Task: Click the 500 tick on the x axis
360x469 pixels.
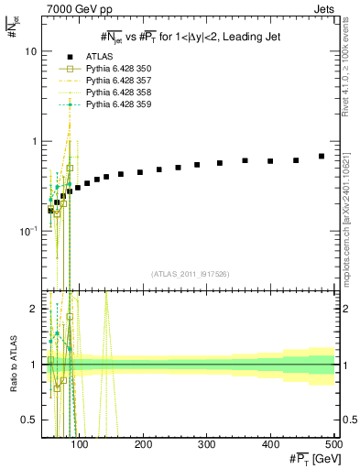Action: pyautogui.click(x=333, y=444)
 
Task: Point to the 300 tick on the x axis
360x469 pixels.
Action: pyautogui.click(x=207, y=444)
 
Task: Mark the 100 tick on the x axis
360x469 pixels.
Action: pyautogui.click(x=81, y=444)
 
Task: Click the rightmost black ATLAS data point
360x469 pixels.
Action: pyautogui.click(x=322, y=157)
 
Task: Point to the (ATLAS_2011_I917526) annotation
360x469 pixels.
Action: pyautogui.click(x=189, y=273)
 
